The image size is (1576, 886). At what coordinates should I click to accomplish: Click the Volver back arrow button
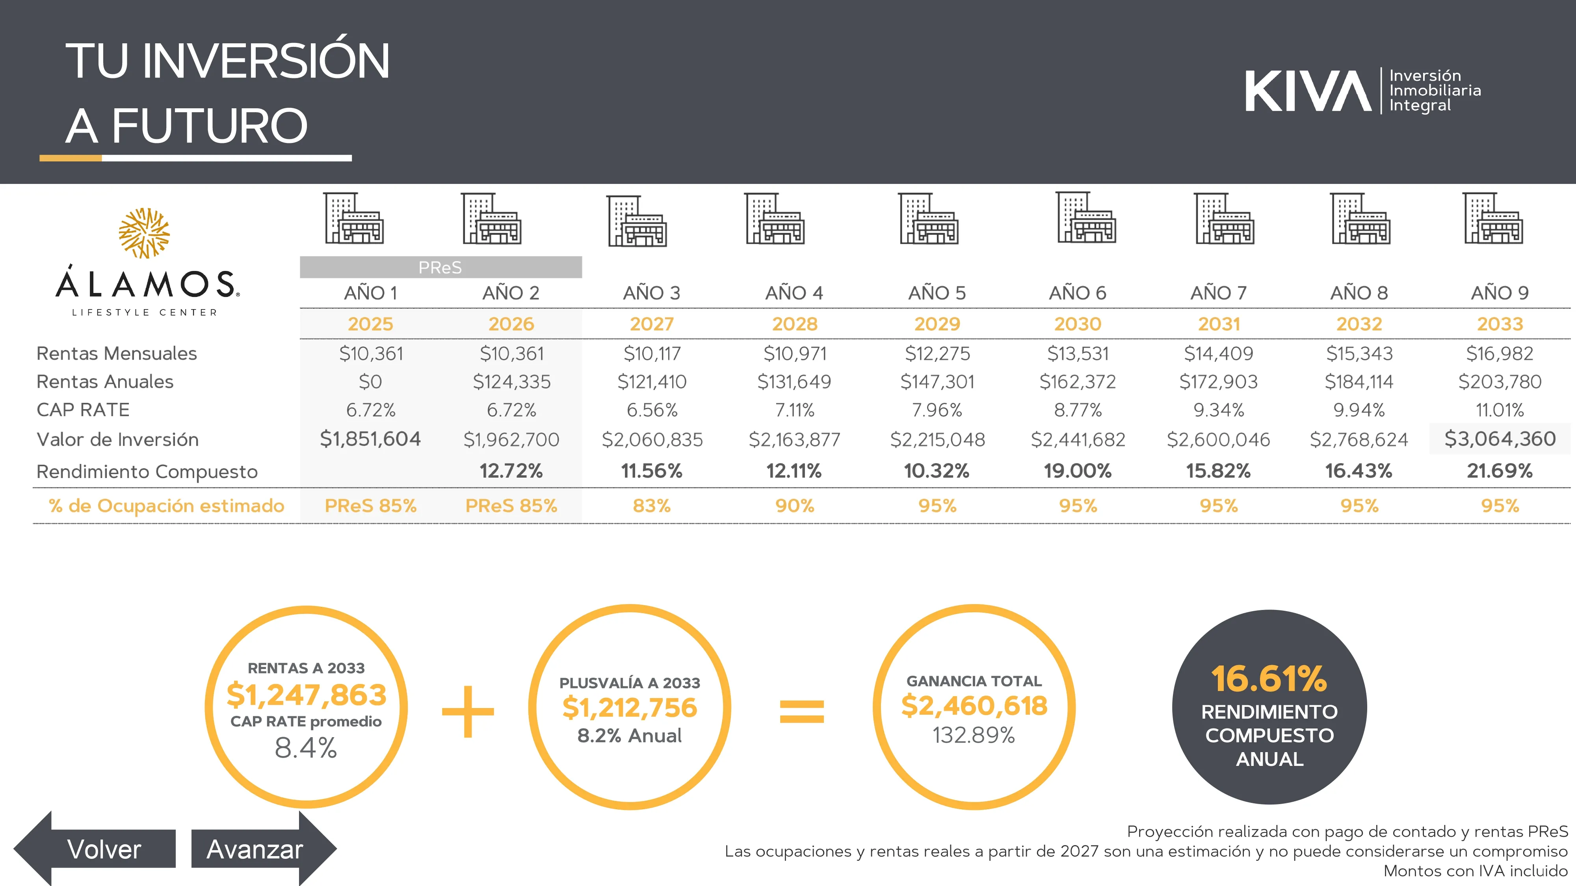[95, 849]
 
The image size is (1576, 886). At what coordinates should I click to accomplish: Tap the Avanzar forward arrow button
[263, 849]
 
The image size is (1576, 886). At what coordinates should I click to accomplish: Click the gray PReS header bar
[440, 267]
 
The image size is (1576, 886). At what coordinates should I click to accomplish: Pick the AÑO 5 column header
[937, 293]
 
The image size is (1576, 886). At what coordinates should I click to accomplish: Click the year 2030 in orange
[1077, 323]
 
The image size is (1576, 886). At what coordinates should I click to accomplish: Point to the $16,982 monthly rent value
[1500, 354]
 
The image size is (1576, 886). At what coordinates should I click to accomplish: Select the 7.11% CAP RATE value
[794, 410]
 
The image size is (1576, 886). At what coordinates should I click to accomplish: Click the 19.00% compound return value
[1077, 471]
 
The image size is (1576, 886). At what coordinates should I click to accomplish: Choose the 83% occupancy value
[652, 506]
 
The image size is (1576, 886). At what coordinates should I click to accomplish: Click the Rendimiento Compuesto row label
[147, 471]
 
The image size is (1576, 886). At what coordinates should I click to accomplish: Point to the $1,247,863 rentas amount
[307, 695]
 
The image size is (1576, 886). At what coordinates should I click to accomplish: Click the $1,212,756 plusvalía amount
[630, 708]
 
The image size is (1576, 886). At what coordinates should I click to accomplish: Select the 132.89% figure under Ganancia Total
[973, 734]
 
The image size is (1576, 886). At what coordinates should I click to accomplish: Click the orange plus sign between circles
[468, 711]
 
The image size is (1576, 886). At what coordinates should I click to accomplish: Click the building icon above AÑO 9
[1493, 219]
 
